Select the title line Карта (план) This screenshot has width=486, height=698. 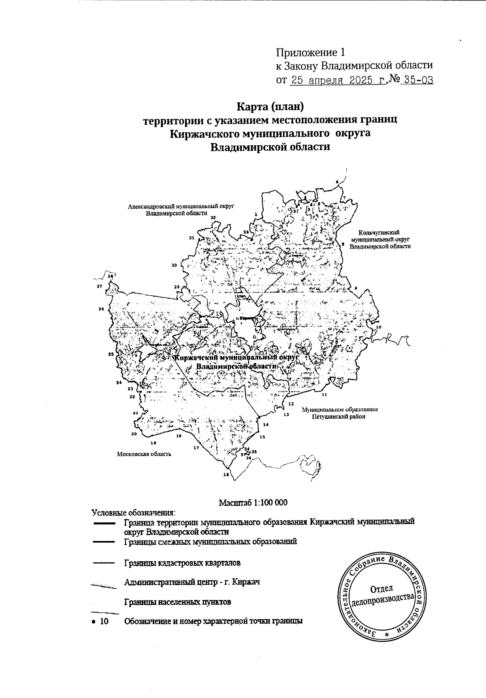270,107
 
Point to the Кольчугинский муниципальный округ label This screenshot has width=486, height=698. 379,239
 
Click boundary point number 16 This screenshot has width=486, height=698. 226,475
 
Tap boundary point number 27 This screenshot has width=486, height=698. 99,286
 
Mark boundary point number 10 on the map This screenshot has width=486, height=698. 379,327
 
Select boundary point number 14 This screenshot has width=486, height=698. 266,424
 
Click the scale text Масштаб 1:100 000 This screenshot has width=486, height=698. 253,503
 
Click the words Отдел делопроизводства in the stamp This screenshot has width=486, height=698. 383,594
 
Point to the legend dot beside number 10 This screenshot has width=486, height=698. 94,621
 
